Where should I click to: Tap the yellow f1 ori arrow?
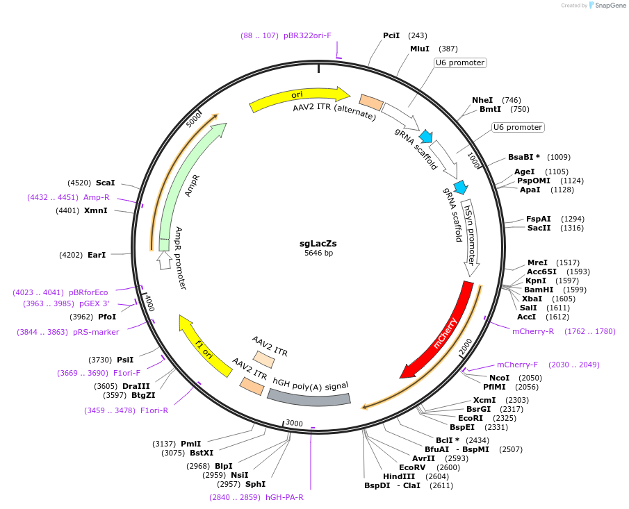point(204,346)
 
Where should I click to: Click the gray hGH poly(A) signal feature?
point(309,397)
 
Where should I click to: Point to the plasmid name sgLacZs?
point(318,243)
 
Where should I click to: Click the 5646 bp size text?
point(318,253)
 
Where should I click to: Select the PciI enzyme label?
point(391,35)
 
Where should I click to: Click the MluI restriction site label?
point(419,49)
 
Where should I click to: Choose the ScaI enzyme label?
point(105,183)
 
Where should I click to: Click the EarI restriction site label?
point(97,255)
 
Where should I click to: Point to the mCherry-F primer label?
point(517,365)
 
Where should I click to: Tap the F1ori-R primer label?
point(154,410)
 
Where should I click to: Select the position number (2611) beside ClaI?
point(441,485)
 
